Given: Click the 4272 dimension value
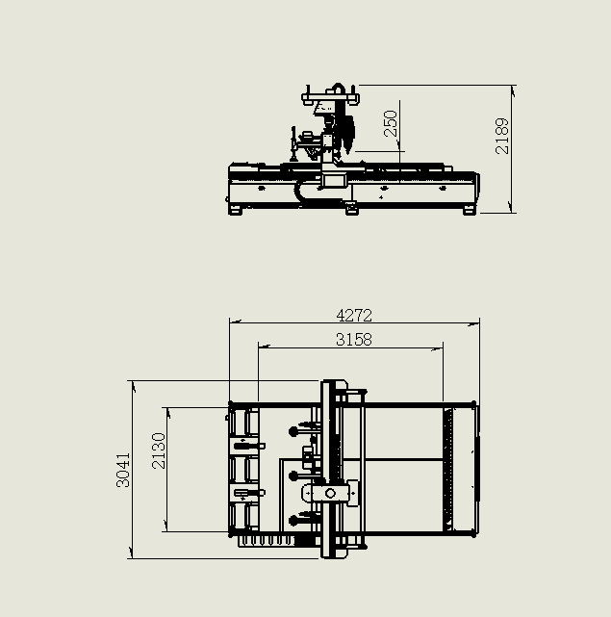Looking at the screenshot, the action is point(354,315).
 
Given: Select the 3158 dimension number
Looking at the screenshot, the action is point(354,340).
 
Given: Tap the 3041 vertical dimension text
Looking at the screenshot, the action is point(123,470).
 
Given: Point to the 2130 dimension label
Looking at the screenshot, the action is point(159,450).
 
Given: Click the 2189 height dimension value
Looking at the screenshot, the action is point(502,136).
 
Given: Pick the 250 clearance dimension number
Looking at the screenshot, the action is point(391,123).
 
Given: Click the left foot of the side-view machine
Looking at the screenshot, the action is point(235,210).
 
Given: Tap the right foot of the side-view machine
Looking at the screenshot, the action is point(470,210).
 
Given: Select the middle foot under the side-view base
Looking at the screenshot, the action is point(351,209).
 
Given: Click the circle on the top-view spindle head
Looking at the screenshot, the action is point(330,493).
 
